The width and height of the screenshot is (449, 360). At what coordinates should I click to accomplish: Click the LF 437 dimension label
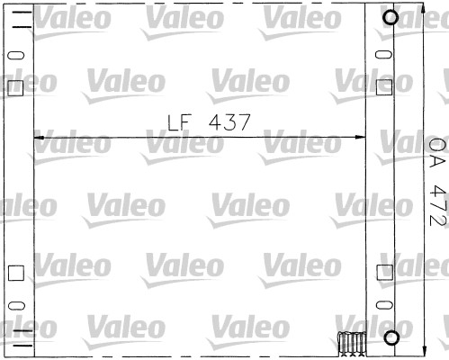pos(208,120)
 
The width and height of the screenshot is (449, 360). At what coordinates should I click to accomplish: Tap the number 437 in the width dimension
pos(227,120)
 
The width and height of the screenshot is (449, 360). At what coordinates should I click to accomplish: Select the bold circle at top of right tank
pos(391,17)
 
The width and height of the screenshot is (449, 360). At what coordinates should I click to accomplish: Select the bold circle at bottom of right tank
pos(391,338)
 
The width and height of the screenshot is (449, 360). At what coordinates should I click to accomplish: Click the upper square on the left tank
pos(13,88)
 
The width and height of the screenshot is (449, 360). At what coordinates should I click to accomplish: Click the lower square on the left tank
pos(13,272)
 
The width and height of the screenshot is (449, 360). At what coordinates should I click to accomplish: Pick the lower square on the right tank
pos(383,272)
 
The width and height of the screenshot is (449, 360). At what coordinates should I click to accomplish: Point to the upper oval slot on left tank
pos(13,56)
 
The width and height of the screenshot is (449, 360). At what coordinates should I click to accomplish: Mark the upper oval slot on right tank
pos(383,56)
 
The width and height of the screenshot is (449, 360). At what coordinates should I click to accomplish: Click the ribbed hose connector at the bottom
pos(351,342)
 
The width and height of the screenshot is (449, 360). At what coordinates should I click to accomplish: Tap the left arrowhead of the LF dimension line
pos(38,137)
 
